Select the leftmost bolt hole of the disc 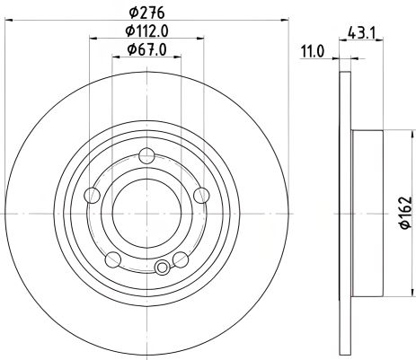click(91, 198)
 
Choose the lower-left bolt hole click(111, 259)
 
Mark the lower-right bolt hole click(180, 259)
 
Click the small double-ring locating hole click(163, 268)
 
